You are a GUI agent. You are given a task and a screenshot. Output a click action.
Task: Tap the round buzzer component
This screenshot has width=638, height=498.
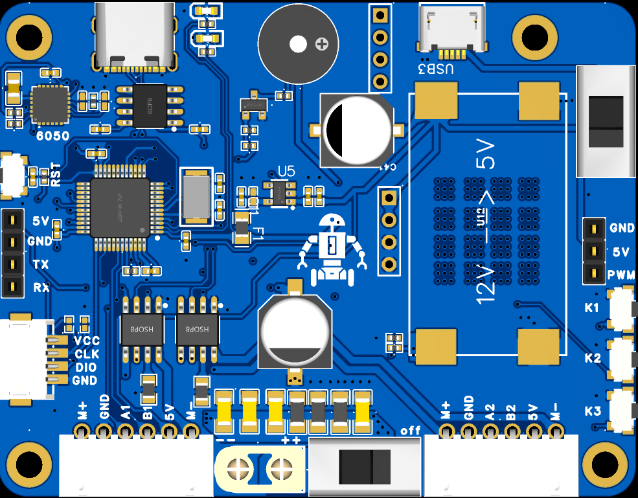[298, 44]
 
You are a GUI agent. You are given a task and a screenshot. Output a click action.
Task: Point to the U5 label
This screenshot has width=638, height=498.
[286, 171]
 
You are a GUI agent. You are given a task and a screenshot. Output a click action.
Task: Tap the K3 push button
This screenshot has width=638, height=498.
[622, 410]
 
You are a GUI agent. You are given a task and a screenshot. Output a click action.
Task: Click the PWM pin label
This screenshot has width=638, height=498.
[621, 274]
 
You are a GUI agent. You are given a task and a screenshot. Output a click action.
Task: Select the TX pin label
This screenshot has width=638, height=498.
[40, 264]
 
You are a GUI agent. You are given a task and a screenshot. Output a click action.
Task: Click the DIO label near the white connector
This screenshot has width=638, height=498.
[85, 367]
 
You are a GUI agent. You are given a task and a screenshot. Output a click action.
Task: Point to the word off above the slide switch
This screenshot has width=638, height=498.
[411, 431]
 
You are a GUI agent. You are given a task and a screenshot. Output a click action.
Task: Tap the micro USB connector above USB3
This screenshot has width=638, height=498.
[451, 27]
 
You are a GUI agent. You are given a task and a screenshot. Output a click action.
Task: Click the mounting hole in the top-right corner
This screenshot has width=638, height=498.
[535, 36]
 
